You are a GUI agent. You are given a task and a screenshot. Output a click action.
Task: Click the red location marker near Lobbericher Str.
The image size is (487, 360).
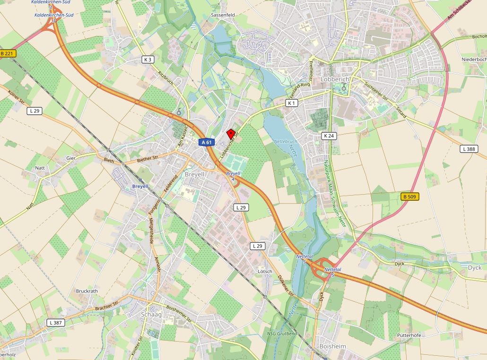231,134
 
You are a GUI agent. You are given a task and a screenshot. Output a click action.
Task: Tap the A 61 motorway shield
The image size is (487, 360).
206,142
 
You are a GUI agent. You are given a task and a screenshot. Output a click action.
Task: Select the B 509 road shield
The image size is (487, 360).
410,196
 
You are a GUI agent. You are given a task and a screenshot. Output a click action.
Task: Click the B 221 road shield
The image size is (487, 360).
6,54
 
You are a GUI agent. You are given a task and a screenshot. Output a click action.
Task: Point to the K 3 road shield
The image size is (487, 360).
148,60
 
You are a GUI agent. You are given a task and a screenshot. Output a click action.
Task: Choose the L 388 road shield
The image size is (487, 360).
468,149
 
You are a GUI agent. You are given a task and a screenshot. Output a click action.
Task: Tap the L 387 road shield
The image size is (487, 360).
55,322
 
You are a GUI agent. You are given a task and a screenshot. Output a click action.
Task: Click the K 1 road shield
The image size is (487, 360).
292,103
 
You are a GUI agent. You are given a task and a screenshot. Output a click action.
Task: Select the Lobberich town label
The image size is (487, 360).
335,79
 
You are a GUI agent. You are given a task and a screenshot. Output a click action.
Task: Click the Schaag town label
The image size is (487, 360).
151,315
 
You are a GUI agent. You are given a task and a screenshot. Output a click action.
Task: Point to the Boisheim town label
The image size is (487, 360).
332,346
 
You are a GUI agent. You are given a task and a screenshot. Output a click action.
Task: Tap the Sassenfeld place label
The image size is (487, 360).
223,15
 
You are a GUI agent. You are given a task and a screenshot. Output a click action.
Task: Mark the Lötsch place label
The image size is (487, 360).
265,272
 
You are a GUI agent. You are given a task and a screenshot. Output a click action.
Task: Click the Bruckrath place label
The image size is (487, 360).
87,291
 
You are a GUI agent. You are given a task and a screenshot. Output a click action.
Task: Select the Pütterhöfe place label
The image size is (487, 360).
409,335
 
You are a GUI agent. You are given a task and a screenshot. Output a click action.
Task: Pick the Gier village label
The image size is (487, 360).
71,158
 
